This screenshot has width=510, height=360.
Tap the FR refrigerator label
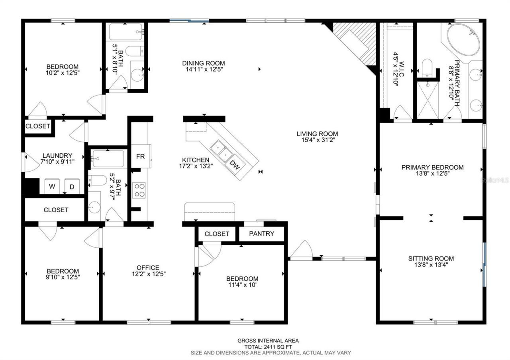tap(140, 156)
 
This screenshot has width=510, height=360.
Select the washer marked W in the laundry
tap(52, 186)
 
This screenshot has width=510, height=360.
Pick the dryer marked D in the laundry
tap(72, 186)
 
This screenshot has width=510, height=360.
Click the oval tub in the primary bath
tap(463, 41)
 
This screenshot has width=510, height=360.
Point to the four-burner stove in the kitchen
tap(139, 190)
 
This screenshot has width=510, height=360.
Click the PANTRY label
tap(261, 233)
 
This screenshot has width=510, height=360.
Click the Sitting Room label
tap(431, 258)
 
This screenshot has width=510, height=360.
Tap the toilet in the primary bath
tap(427, 67)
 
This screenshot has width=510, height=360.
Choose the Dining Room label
tap(203, 63)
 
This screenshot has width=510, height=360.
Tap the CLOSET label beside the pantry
tap(217, 234)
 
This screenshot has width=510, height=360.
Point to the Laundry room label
tap(57, 155)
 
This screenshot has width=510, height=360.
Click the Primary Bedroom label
tap(432, 167)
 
